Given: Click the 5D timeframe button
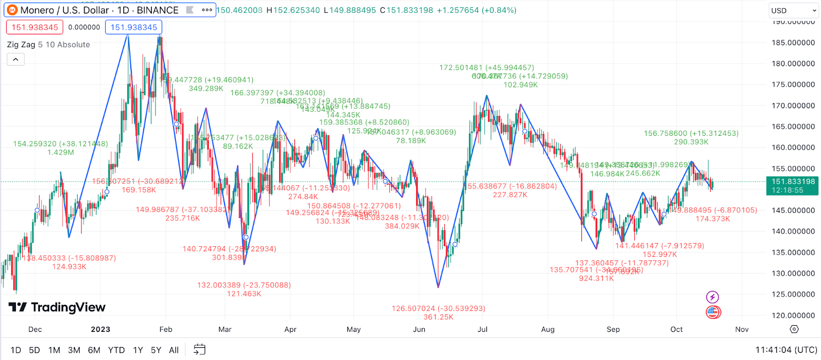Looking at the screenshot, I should pos(34,350).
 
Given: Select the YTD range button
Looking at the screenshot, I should pos(116,350).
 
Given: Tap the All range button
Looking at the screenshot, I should pos(174,350).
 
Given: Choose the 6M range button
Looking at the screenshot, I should pos(94,350).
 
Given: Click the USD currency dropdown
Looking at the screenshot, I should pos(793,11).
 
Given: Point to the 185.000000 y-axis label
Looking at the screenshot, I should pos(793,43).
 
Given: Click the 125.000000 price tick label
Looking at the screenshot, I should pos(793,294).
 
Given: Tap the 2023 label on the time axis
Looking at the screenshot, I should pos(101,329).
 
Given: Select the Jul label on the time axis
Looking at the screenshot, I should pos(482,329).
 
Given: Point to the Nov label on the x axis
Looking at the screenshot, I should pos(742,329).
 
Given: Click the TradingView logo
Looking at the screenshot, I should pos(57,307).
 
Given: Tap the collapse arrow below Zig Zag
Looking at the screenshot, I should pos(15,59).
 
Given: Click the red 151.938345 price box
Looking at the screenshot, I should pos(35,27).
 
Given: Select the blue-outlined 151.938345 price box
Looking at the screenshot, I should pos(134,27).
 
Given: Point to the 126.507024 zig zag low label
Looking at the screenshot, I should pos(438,308).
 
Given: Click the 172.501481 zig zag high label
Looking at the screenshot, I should pos(486,68).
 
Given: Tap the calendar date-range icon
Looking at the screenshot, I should pos(199,350).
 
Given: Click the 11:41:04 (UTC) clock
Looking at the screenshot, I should pos(786,350).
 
